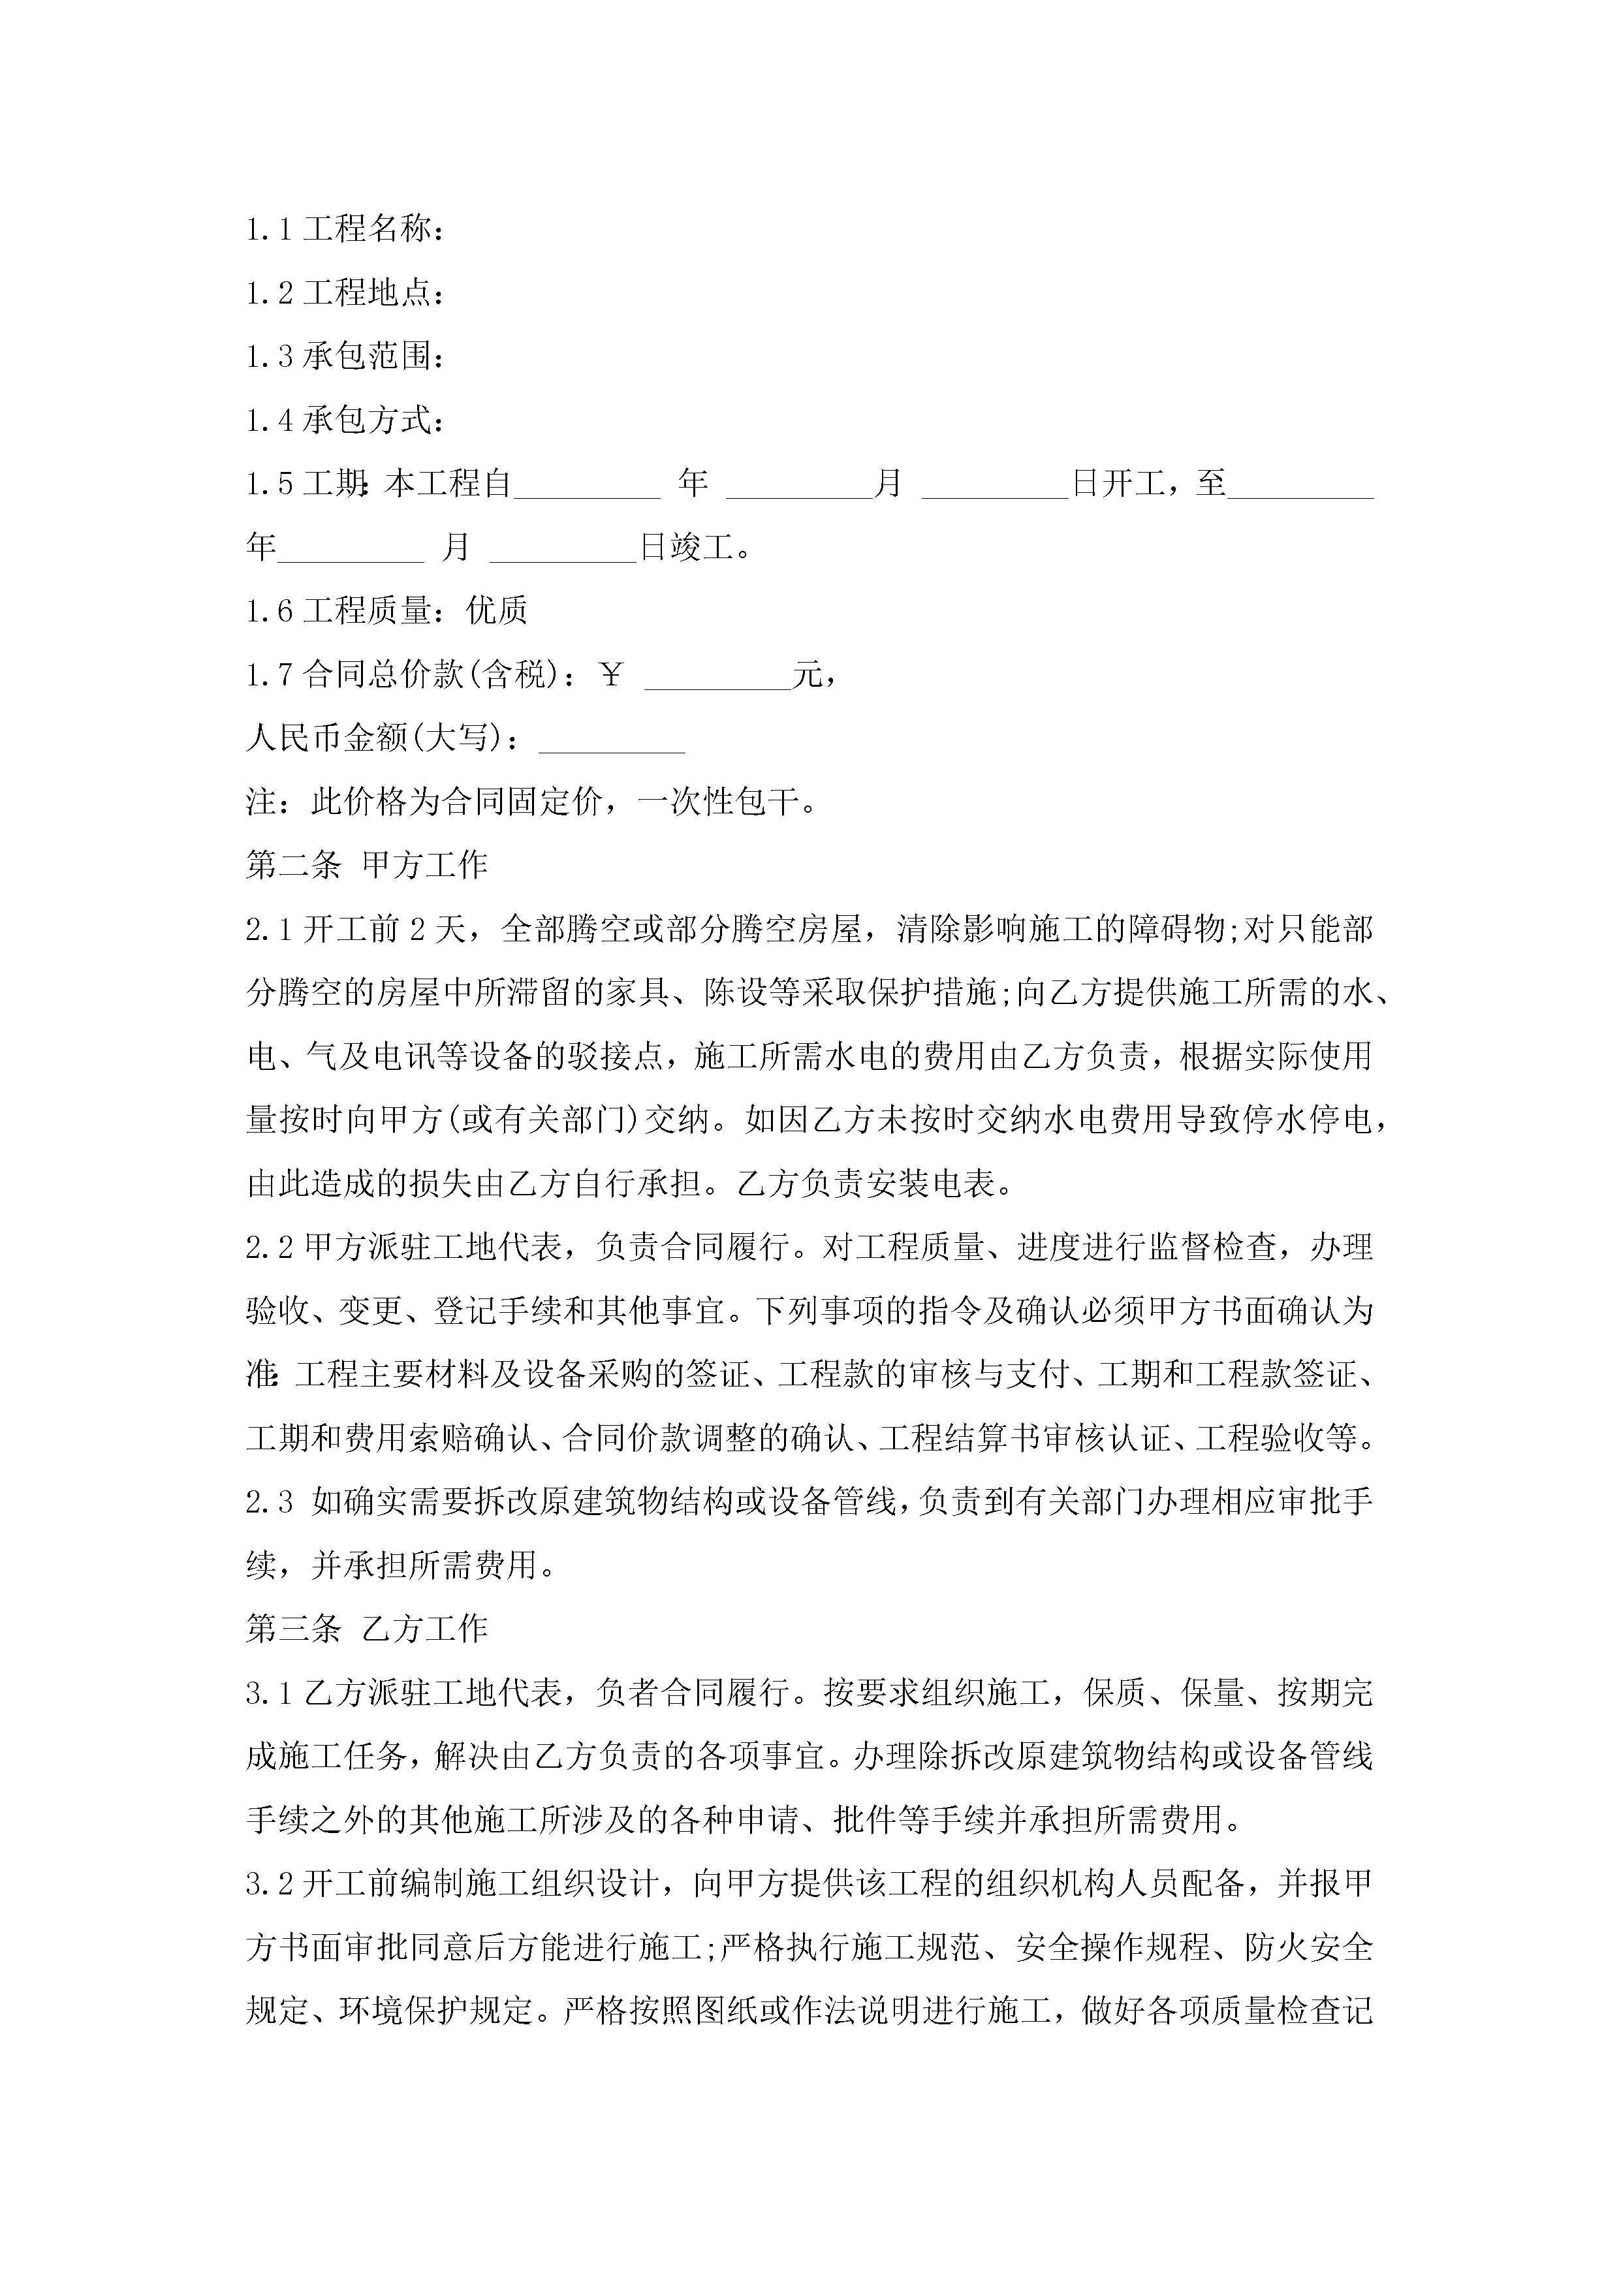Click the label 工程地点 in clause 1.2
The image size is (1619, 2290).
(x=367, y=293)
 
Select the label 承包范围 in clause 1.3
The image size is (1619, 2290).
(x=367, y=356)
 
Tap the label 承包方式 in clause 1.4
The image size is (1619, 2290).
(x=367, y=420)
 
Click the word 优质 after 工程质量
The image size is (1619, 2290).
(x=495, y=610)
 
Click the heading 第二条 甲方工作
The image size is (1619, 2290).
(x=366, y=865)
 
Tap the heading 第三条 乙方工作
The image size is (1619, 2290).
(x=366, y=1629)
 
